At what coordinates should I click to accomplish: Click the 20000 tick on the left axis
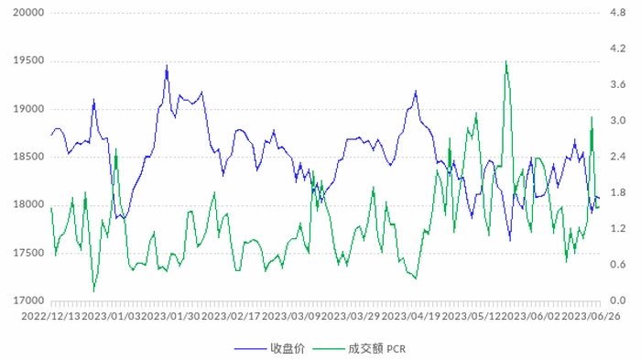click(28, 13)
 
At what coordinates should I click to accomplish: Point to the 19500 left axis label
click(28, 60)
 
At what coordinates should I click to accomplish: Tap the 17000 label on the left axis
click(28, 300)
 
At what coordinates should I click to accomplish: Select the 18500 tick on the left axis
click(28, 157)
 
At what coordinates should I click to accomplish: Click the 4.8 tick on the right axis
click(618, 13)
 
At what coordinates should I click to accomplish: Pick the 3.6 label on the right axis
click(618, 84)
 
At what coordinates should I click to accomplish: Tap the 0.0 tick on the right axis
click(618, 300)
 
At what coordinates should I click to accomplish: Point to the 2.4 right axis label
click(618, 157)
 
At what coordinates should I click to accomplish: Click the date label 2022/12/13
click(51, 316)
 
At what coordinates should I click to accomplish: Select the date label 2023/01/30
click(171, 316)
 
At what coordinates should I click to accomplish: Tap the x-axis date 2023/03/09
click(291, 316)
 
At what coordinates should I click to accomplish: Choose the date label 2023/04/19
click(411, 316)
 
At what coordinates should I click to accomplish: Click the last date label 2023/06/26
click(592, 316)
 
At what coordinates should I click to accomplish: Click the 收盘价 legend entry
click(288, 348)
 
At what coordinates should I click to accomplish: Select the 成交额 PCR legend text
click(377, 348)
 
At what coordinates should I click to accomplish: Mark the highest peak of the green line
click(506, 61)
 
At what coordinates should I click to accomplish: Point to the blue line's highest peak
click(167, 65)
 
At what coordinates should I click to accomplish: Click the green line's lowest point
click(94, 291)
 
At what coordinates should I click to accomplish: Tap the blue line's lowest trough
click(510, 241)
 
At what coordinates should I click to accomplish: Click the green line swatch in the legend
click(329, 349)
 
